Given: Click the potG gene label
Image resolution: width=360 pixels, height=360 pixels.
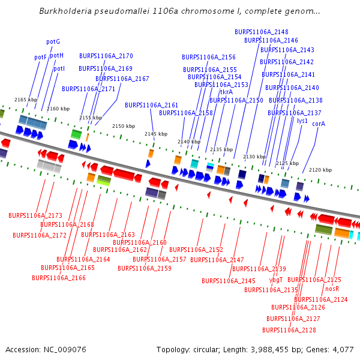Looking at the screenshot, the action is click(x=53, y=42).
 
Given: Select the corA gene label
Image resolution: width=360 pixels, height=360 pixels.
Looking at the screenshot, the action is click(x=319, y=124).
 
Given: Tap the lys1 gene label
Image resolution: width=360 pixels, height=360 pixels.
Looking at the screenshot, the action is click(x=302, y=121).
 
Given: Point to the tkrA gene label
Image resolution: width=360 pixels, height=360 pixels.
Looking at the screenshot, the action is click(x=226, y=92).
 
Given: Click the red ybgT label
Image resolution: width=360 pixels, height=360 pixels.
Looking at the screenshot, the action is click(x=276, y=280).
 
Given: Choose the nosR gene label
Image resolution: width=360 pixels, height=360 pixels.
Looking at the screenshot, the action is click(x=332, y=289).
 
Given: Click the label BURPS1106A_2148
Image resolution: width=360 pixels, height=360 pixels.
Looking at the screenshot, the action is click(x=261, y=32).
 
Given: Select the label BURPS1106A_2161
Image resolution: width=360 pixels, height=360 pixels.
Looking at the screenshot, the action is click(x=151, y=105).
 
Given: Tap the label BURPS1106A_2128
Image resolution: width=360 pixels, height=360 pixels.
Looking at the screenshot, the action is click(x=289, y=330).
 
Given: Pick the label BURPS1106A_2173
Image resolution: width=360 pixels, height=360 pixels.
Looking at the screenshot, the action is click(x=35, y=215).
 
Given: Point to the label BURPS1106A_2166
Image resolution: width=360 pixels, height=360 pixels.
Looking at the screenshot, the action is click(x=59, y=278).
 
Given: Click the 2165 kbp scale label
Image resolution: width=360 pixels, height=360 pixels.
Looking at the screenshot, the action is click(x=26, y=100).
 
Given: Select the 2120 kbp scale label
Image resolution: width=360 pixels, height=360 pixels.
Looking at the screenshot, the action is click(x=320, y=170).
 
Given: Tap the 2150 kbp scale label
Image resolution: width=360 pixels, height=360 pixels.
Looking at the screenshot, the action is click(x=124, y=126).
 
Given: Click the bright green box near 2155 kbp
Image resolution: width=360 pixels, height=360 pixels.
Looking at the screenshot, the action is click(x=76, y=134).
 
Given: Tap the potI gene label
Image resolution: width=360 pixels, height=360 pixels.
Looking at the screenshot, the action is click(x=59, y=68).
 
